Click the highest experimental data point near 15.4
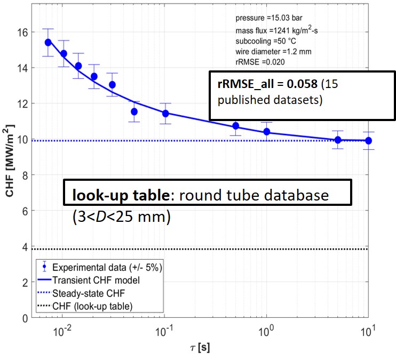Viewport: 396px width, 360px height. click(x=48, y=42)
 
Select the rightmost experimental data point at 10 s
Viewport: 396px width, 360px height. click(x=368, y=141)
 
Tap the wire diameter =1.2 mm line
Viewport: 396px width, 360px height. click(x=270, y=52)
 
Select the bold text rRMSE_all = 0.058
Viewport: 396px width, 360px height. click(x=259, y=84)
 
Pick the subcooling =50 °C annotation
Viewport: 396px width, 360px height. click(x=261, y=42)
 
